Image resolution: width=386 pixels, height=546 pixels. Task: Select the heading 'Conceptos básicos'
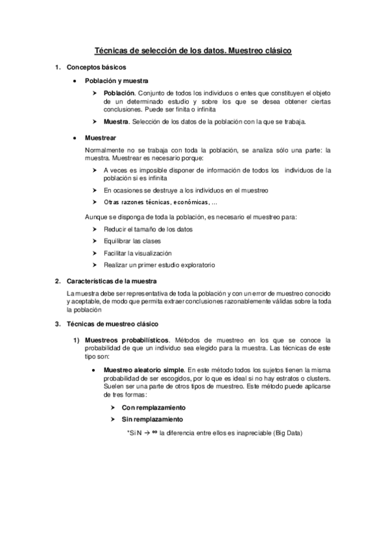[x=97, y=68]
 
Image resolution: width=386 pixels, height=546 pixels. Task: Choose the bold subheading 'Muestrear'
[x=101, y=138]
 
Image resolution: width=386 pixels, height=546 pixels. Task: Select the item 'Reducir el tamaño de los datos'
[x=148, y=229]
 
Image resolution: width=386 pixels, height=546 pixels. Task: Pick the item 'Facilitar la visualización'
[x=137, y=253]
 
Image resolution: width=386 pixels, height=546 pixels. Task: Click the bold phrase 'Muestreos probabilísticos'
[x=128, y=339]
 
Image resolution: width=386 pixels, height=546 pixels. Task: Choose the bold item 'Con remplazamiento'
[x=154, y=408]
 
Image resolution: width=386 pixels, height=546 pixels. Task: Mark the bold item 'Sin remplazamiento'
[x=153, y=420]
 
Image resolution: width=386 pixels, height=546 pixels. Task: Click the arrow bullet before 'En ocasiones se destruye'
[x=95, y=191]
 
